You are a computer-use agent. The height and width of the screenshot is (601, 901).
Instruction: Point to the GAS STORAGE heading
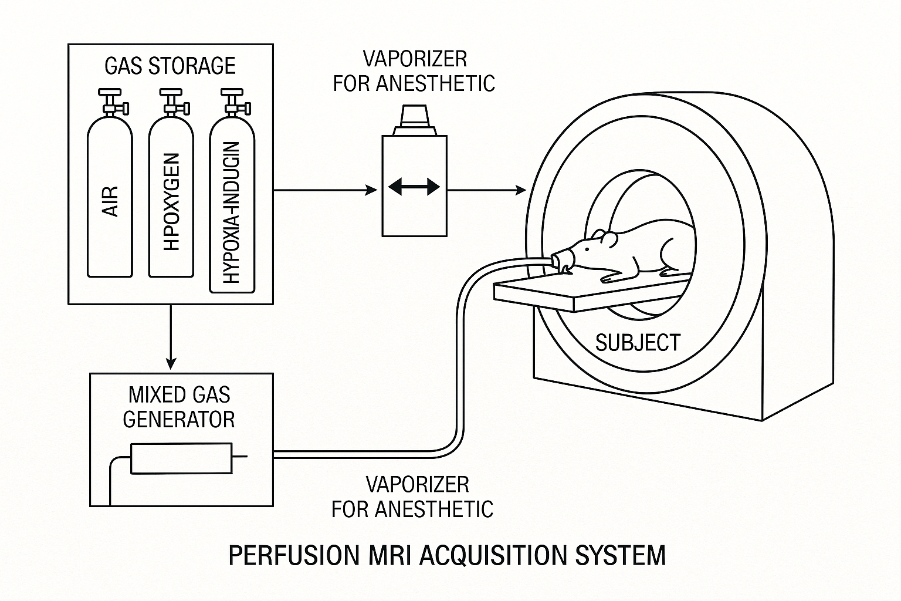(x=170, y=66)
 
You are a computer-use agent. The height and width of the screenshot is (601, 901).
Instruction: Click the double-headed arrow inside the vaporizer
(x=414, y=187)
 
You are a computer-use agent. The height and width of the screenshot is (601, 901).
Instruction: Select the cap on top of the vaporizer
(x=414, y=120)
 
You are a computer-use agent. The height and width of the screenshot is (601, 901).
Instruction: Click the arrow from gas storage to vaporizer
(x=326, y=190)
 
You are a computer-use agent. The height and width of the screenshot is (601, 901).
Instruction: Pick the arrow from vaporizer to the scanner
(x=487, y=190)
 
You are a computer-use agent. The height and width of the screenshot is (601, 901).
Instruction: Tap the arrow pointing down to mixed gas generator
(x=171, y=337)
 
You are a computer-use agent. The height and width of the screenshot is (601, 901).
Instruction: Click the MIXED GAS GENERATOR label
(x=179, y=407)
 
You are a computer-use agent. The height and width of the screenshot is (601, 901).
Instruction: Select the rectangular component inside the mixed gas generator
(x=181, y=458)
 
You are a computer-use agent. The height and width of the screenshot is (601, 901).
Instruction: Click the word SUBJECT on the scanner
(x=638, y=343)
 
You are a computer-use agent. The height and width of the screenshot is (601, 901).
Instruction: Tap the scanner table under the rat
(x=591, y=294)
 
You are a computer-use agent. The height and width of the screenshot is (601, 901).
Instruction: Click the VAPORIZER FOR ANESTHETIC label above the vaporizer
(x=414, y=71)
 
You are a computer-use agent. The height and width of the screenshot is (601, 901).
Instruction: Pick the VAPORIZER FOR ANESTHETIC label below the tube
(x=413, y=497)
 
